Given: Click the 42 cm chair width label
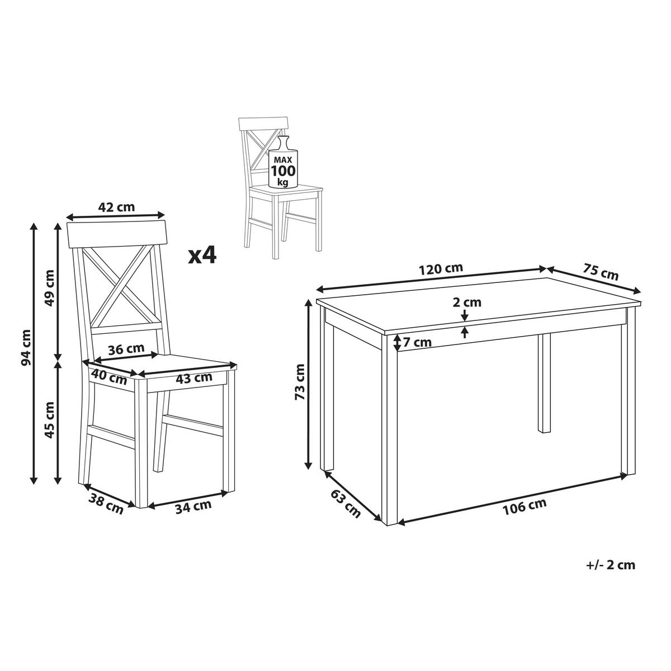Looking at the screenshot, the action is click(x=116, y=207).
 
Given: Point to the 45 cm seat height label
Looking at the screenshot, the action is click(x=50, y=420).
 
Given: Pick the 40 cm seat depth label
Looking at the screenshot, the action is click(x=109, y=377).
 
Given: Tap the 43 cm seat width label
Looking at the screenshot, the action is click(x=194, y=377).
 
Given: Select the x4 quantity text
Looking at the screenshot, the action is click(x=202, y=256).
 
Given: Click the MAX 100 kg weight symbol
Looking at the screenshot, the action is click(x=283, y=162).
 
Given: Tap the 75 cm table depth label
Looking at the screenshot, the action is click(x=601, y=273).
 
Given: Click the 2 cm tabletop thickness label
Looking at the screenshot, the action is click(x=467, y=302).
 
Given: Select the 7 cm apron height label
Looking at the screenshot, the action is click(x=418, y=343).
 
